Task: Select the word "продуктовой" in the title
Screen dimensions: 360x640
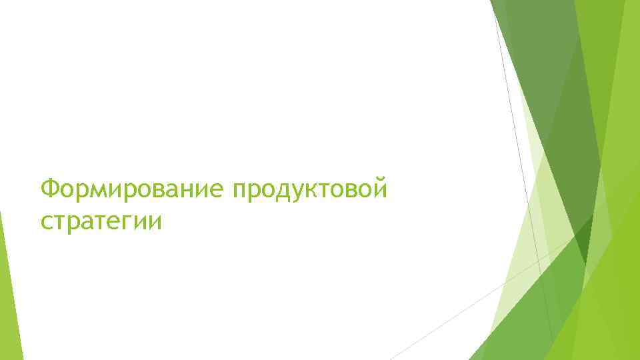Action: [x=309, y=189]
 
